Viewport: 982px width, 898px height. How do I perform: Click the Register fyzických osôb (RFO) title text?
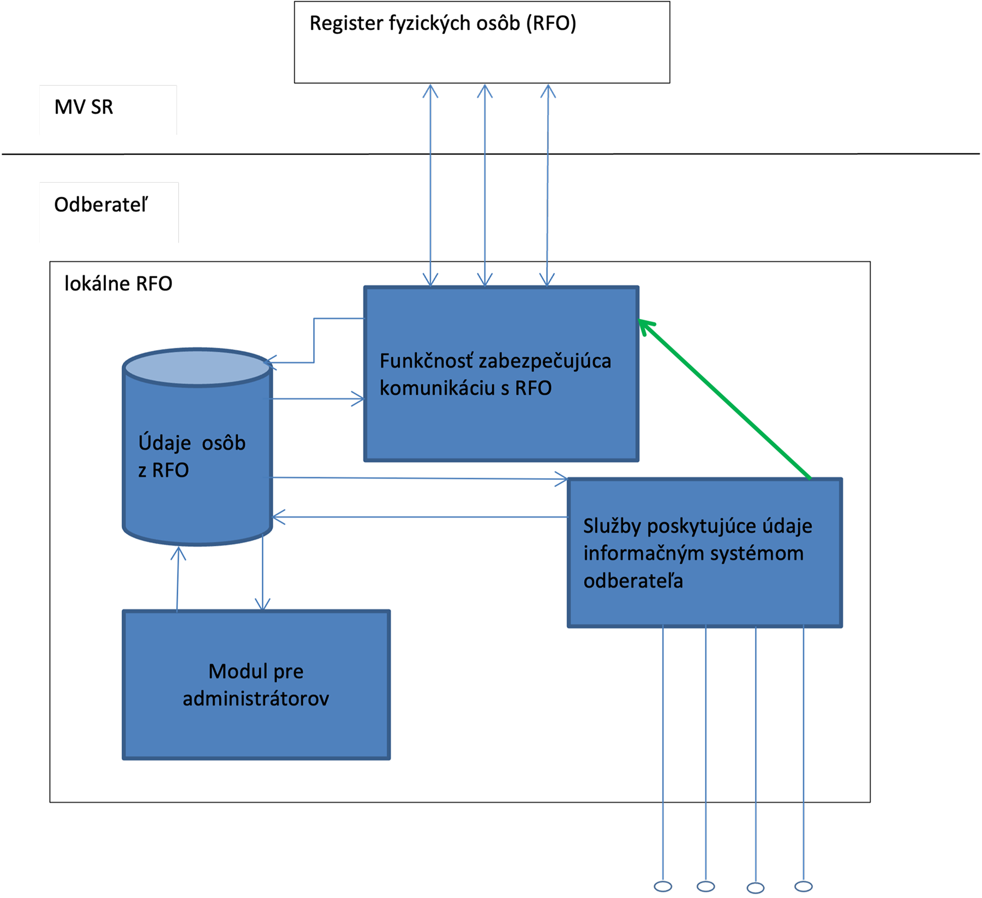click(x=442, y=23)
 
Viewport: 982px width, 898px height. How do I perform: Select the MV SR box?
click(x=108, y=110)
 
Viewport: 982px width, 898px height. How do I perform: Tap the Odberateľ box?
click(x=109, y=213)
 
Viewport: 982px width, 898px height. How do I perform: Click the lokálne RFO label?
click(x=118, y=284)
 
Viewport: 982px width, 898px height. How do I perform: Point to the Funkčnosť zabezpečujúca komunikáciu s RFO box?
click(x=501, y=425)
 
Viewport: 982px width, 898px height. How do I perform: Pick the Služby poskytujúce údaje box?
click(x=704, y=600)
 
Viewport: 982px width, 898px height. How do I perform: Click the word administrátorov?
click(x=256, y=698)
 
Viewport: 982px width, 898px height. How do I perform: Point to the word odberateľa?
click(x=633, y=581)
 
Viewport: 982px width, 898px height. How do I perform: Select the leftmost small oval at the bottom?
click(x=663, y=887)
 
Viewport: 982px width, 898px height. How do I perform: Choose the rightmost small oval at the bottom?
click(x=804, y=887)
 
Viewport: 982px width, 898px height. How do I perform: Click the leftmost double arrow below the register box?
click(x=430, y=185)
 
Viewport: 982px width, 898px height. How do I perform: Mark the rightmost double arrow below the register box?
click(x=548, y=185)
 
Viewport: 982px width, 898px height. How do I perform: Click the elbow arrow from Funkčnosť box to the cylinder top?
click(x=314, y=338)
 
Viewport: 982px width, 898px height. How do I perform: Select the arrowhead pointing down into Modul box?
click(x=263, y=604)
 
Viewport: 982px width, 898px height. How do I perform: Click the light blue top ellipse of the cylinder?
click(x=197, y=367)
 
